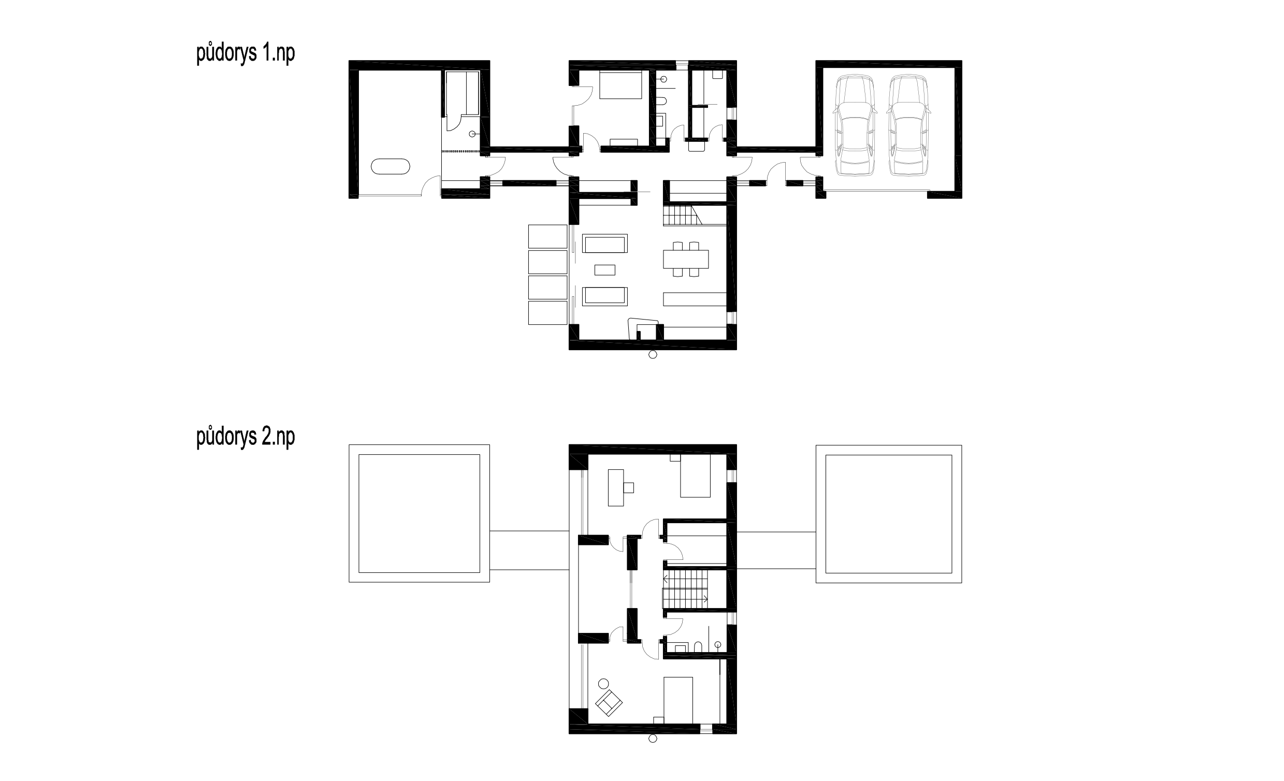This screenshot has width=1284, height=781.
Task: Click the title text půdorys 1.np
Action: pos(246,54)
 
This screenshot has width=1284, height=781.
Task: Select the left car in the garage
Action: pos(855,125)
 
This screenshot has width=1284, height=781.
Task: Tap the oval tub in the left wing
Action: pos(391,166)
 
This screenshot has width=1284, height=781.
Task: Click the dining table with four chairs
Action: pos(686,259)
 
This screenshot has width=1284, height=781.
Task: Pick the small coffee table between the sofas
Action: pos(605,270)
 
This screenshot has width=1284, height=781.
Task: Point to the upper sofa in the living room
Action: pos(605,243)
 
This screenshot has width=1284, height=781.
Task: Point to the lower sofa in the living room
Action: pos(605,296)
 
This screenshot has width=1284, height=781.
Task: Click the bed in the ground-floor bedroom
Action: pos(620,85)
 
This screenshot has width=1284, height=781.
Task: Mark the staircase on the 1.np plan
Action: pos(682,215)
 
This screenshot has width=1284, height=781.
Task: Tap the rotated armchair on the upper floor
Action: pos(609,702)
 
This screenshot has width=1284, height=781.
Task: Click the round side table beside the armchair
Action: pos(603,684)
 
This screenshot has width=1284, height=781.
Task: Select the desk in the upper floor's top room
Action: pos(616,487)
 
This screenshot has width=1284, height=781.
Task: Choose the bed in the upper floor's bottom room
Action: pos(678,700)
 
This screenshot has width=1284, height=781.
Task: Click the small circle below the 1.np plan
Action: pos(653,355)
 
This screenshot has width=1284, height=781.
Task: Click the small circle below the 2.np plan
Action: pos(653,739)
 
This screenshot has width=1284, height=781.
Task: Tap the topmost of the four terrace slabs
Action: pos(547,237)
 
